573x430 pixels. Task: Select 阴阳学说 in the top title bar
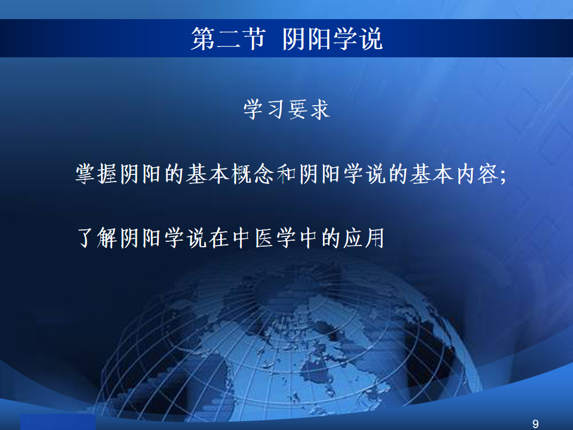[332, 39]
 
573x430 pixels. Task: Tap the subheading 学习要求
[287, 109]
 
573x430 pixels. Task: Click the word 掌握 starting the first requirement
[96, 174]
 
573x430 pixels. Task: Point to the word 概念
[252, 174]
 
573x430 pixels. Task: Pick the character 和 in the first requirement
[286, 174]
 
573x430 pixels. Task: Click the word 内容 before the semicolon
[478, 174]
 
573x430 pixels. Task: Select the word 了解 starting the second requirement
[97, 238]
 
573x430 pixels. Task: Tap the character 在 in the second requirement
[218, 238]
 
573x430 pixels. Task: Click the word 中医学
[264, 238]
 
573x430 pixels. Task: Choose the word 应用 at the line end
[363, 238]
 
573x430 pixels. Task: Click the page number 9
[535, 424]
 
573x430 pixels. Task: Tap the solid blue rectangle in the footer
[58, 422]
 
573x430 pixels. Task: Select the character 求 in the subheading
[320, 109]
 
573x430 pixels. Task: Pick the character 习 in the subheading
[276, 109]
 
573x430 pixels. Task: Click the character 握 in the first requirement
[107, 174]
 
